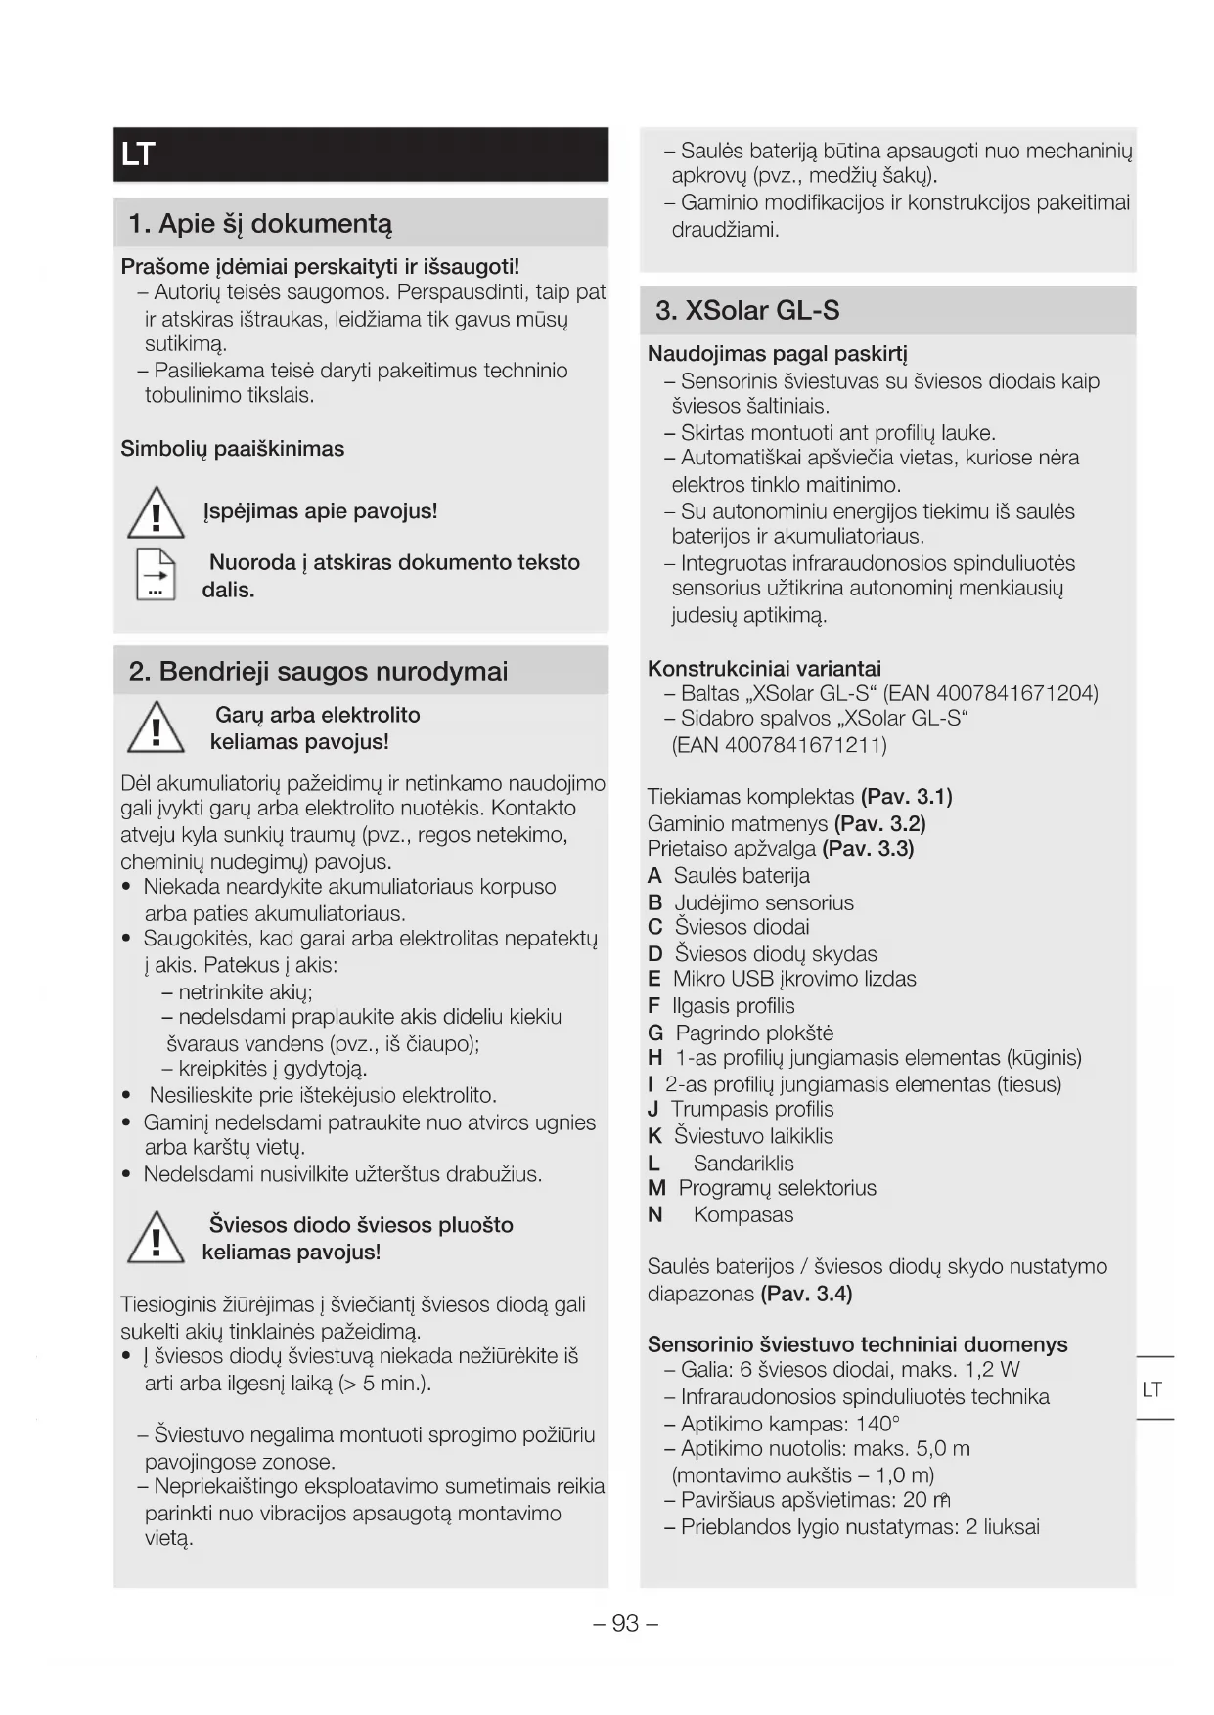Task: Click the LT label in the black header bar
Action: [x=138, y=154]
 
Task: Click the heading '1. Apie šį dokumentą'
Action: [x=260, y=224]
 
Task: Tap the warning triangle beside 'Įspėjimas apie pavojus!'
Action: [x=156, y=513]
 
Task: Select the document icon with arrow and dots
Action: [x=156, y=574]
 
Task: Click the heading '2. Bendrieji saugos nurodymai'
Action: [x=318, y=672]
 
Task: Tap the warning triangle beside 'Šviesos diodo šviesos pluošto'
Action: [x=156, y=1239]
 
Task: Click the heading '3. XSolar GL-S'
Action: [x=747, y=311]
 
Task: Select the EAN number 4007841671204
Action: [x=1015, y=694]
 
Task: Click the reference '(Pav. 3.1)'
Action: [x=906, y=797]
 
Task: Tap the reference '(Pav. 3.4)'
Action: [x=806, y=1295]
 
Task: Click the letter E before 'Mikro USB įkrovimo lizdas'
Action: [x=654, y=980]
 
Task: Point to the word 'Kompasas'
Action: [x=743, y=1215]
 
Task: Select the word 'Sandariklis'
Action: [x=743, y=1164]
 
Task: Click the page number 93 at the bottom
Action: [x=625, y=1624]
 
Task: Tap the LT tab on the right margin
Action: [x=1152, y=1389]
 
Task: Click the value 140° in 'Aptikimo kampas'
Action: [x=877, y=1424]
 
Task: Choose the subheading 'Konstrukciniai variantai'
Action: [x=764, y=669]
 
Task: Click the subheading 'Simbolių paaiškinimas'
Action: [x=233, y=450]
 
